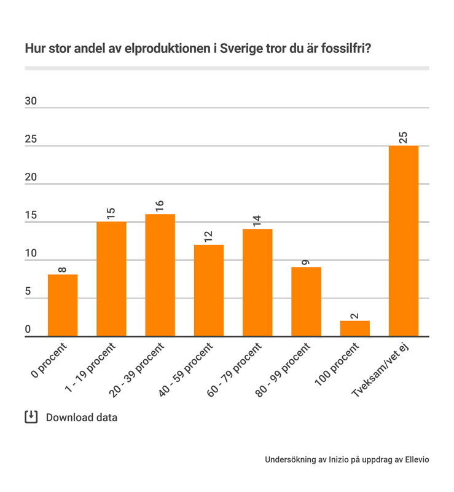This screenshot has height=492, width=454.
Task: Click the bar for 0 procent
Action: coord(63,305)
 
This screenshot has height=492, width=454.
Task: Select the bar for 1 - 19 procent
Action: coord(111,279)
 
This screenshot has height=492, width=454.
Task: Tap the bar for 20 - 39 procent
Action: coord(160,275)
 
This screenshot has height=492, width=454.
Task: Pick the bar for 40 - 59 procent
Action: coord(209,290)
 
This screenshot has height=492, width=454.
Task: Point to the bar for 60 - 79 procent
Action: coord(257,282)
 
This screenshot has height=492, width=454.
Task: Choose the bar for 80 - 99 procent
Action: coord(306,301)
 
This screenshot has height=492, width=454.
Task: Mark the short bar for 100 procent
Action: coord(354,328)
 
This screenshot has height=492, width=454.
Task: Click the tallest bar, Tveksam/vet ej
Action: coord(404,240)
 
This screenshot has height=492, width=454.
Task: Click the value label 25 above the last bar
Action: coord(404,137)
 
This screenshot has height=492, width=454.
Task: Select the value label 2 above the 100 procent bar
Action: coord(354,316)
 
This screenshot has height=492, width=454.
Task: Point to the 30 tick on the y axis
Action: coord(31,101)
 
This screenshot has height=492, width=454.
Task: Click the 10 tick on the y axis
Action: coord(31,253)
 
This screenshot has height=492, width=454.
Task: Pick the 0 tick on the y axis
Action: coord(28,330)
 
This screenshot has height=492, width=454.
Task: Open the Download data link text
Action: coord(81,418)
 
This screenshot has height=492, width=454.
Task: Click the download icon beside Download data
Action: coord(31,417)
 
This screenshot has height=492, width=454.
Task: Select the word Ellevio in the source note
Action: coord(415,459)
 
